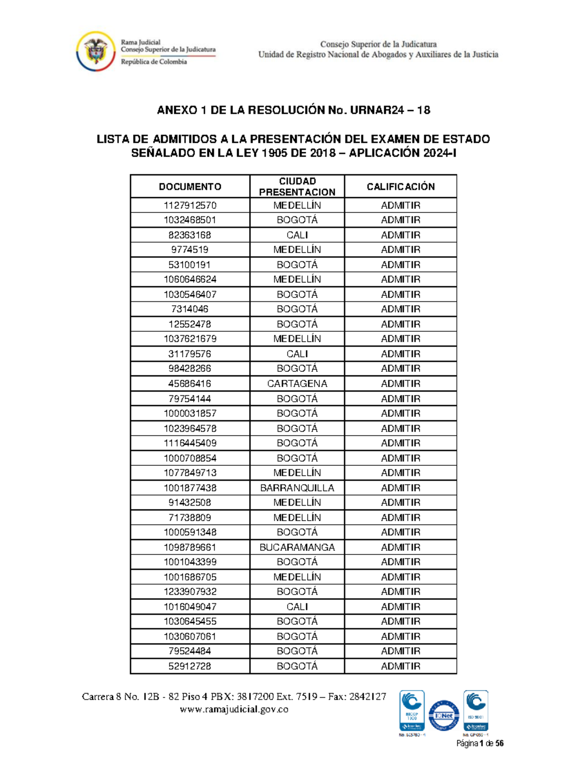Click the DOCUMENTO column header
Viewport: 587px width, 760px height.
point(190,186)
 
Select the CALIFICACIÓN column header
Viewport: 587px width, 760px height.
point(401,186)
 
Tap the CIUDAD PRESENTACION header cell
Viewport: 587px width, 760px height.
point(297,186)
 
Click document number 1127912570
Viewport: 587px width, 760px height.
point(190,205)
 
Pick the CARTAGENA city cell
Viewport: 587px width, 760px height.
point(297,384)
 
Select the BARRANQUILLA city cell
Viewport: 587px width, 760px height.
point(297,488)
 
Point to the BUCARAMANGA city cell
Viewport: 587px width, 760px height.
point(297,547)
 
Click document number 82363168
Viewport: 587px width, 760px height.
point(190,235)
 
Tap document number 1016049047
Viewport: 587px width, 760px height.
point(190,607)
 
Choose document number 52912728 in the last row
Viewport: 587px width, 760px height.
point(190,666)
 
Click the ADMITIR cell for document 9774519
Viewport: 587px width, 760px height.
point(401,250)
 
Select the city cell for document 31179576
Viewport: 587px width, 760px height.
point(297,354)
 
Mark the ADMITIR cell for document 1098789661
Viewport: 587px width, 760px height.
point(401,547)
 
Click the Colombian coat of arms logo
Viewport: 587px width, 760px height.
point(96,51)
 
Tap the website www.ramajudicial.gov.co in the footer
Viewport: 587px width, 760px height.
point(234,709)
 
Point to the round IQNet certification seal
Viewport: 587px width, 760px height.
point(443,715)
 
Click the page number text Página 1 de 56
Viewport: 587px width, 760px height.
point(480,743)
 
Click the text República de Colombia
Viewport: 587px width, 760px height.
point(154,62)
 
